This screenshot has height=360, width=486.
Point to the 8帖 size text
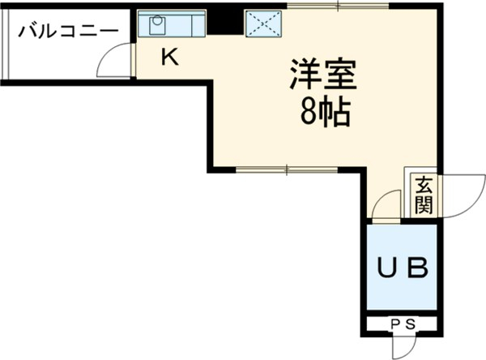click(x=325, y=114)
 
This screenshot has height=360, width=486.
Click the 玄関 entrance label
click(x=424, y=195)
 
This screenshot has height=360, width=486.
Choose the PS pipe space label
click(x=403, y=324)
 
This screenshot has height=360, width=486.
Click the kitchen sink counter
click(x=172, y=24)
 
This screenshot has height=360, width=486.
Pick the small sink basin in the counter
click(x=154, y=24)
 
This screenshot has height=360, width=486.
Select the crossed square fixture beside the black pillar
click(x=264, y=24)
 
